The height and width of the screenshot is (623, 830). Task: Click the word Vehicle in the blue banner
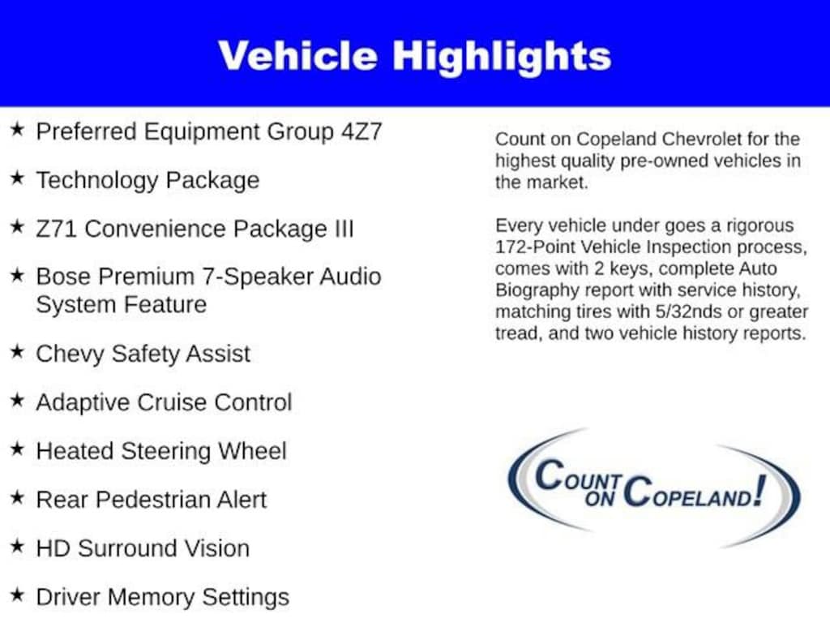click(x=297, y=56)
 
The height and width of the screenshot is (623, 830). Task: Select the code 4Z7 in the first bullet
click(x=362, y=131)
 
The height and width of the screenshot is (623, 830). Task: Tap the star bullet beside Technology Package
click(x=18, y=178)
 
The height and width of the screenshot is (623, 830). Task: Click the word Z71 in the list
click(x=57, y=229)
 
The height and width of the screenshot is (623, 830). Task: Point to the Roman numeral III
click(x=344, y=229)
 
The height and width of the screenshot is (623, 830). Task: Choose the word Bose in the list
click(x=62, y=277)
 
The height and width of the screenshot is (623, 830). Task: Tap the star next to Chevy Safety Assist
click(x=18, y=351)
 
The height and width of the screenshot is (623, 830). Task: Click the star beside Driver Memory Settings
click(x=18, y=595)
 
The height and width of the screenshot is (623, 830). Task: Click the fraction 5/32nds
click(x=688, y=311)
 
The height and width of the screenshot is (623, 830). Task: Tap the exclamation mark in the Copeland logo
click(x=759, y=491)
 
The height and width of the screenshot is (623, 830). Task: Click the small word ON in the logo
click(x=599, y=498)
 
